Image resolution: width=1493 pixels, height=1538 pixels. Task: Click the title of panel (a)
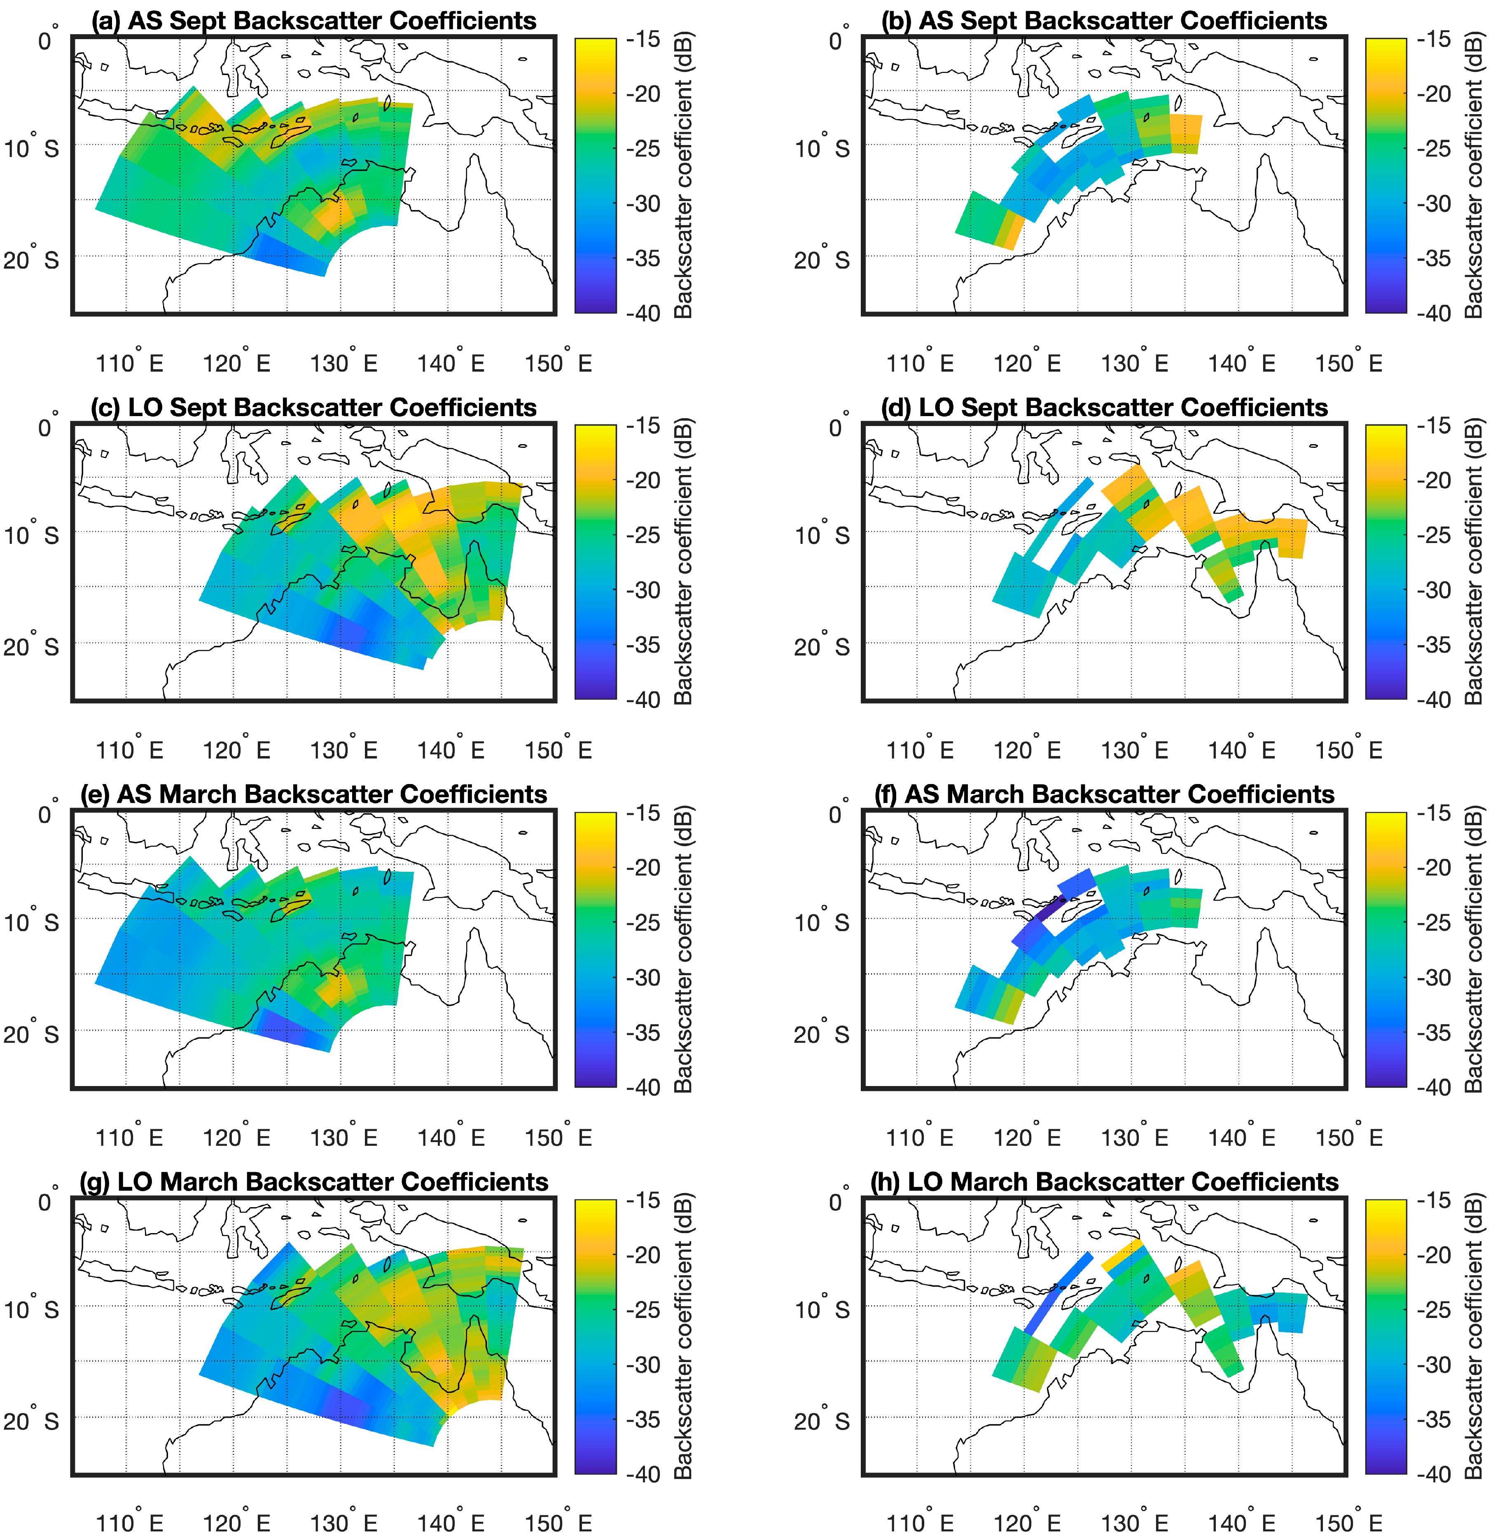(314, 21)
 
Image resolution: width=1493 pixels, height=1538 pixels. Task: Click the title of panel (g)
(314, 1182)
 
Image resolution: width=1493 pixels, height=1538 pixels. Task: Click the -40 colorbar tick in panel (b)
(1434, 312)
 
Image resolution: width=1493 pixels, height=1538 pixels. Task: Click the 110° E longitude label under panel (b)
(920, 363)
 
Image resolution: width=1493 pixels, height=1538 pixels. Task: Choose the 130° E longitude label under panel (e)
(343, 1137)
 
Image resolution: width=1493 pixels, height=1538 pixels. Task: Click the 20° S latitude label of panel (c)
(31, 646)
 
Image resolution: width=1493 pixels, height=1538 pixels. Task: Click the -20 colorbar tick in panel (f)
(1434, 867)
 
